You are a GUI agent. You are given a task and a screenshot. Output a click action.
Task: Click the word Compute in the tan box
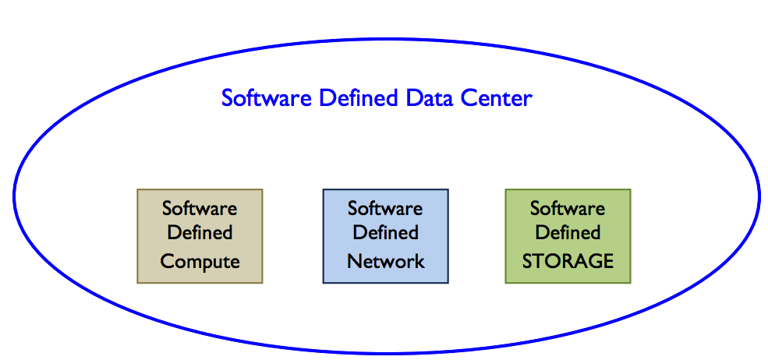tap(200, 261)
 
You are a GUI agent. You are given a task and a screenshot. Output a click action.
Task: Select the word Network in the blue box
tap(386, 261)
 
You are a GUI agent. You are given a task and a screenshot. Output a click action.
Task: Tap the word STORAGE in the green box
tap(568, 261)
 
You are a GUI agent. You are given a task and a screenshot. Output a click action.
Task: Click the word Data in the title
tap(422, 99)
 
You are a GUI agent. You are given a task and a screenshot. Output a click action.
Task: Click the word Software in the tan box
tap(200, 208)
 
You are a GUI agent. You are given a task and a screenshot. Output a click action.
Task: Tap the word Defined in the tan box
tap(200, 232)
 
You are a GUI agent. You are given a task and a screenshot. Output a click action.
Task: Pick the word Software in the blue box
tap(385, 208)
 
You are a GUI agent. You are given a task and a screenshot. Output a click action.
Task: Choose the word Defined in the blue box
tap(385, 232)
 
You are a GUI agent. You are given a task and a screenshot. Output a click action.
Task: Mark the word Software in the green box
tap(568, 208)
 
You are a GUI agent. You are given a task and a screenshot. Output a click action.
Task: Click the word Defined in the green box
tap(568, 232)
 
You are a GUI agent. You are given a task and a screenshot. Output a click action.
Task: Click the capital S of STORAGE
tap(527, 261)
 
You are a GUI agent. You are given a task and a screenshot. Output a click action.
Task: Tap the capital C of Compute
tap(166, 261)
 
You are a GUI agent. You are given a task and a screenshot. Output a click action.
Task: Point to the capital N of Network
tap(353, 261)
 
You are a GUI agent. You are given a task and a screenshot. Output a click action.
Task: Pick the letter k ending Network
tap(420, 261)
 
